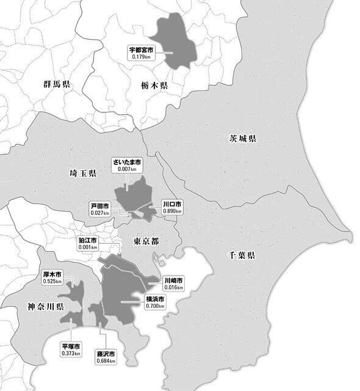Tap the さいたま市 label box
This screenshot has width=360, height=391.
(126, 165)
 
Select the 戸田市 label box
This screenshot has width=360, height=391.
(100, 210)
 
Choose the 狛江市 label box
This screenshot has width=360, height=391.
(88, 244)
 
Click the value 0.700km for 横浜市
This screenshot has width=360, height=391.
(155, 305)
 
